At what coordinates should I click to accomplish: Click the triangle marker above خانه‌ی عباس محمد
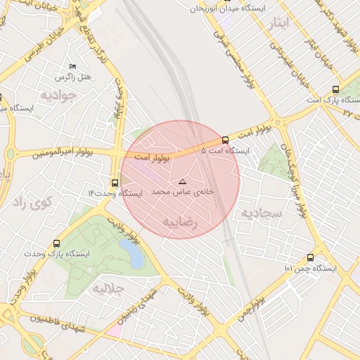click(x=183, y=181)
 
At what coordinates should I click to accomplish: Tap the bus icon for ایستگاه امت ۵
click(x=225, y=140)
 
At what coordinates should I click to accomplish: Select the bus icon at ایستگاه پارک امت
click(x=335, y=90)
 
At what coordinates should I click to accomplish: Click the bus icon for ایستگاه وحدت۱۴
click(x=115, y=183)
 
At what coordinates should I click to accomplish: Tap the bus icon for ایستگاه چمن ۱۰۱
click(x=310, y=258)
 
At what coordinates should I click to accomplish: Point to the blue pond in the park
click(x=131, y=252)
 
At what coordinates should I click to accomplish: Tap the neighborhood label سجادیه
click(x=262, y=212)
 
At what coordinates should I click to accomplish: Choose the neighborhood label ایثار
click(x=278, y=23)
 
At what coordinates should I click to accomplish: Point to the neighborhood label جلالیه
click(x=109, y=289)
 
